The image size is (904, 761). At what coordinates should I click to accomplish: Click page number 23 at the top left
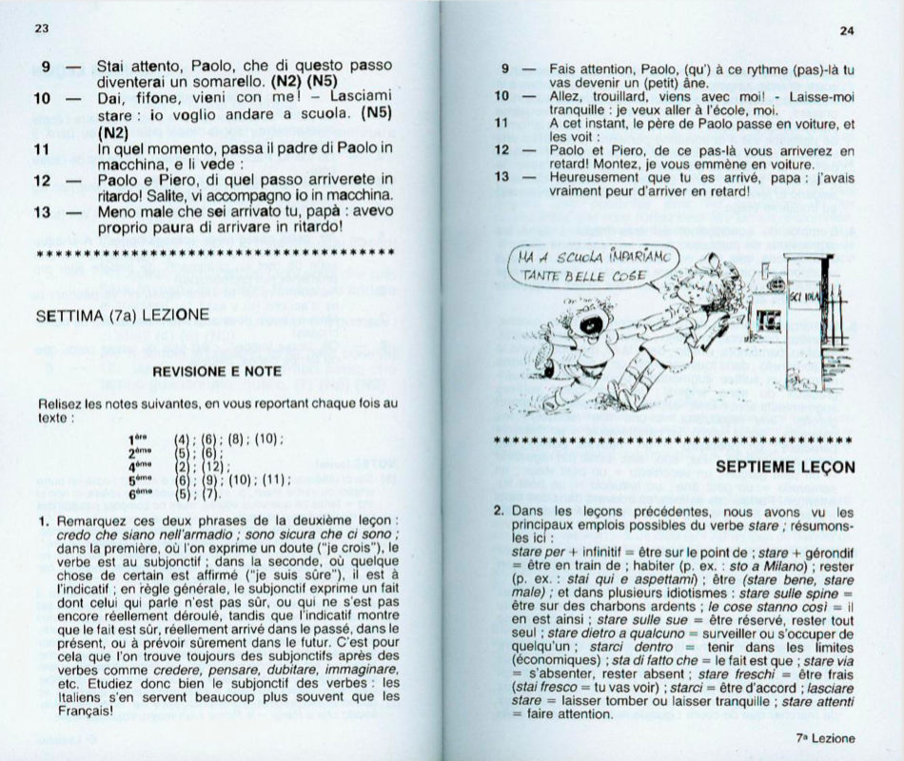click(x=42, y=29)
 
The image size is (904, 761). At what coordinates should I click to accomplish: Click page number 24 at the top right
click(x=847, y=31)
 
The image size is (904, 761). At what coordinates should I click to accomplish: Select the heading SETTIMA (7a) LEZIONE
click(x=122, y=315)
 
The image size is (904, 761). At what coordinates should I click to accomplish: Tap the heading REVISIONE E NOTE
click(x=217, y=372)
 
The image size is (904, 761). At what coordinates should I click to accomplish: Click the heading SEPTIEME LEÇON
click(x=785, y=467)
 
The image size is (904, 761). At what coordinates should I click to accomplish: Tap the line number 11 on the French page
click(x=501, y=124)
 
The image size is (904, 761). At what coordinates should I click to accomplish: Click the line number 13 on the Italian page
click(x=42, y=212)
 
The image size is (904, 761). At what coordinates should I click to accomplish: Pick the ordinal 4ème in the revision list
click(x=140, y=466)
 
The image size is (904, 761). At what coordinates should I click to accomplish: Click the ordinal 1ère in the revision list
click(x=139, y=439)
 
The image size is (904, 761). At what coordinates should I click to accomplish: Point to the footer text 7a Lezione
click(x=825, y=738)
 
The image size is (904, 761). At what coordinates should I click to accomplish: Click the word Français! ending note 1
click(x=86, y=711)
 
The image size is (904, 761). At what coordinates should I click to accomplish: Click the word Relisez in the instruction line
click(x=59, y=404)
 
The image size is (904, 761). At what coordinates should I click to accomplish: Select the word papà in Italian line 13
click(x=326, y=212)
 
